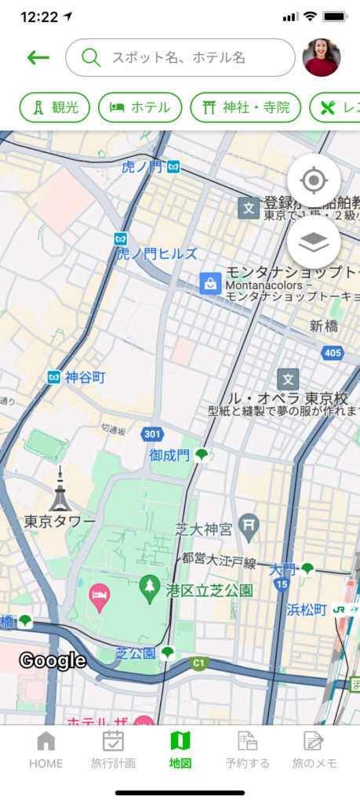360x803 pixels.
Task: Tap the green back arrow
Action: (x=38, y=57)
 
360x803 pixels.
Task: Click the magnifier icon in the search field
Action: (x=91, y=57)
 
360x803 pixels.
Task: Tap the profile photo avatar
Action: (x=322, y=57)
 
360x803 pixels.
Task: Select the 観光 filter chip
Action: (x=55, y=107)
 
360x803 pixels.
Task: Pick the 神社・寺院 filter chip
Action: (x=245, y=107)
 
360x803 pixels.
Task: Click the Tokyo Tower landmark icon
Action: (x=60, y=490)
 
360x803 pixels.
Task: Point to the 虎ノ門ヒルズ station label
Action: (x=157, y=253)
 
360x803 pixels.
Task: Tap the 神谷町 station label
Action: (x=85, y=377)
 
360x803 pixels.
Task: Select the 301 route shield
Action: (x=152, y=434)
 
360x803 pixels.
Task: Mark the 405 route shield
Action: (x=333, y=353)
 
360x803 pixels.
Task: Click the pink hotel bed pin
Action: (x=99, y=597)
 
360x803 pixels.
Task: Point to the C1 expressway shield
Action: (x=199, y=663)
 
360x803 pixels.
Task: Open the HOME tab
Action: (x=46, y=749)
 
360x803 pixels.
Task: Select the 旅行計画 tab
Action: (x=113, y=749)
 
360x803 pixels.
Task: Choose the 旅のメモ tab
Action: (x=313, y=749)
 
